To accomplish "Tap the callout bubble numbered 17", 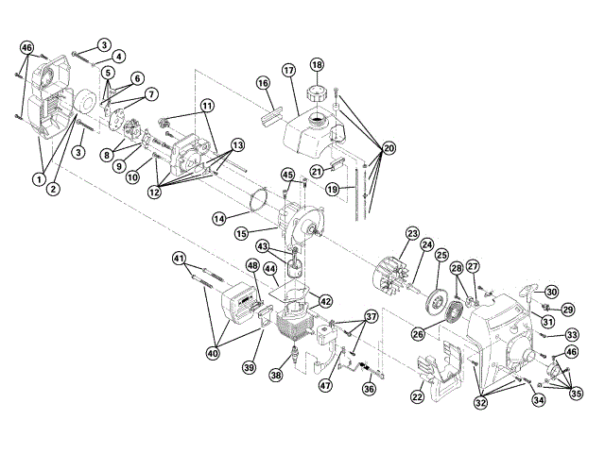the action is click(x=288, y=71).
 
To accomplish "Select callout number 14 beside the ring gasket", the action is click(x=218, y=218).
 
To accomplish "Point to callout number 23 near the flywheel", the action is click(x=412, y=233).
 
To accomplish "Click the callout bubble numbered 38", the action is click(x=275, y=375).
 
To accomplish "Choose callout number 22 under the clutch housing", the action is click(x=417, y=398).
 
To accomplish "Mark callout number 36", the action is click(x=369, y=387).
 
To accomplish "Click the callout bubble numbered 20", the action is click(x=389, y=148).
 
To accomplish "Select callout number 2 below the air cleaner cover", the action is click(x=53, y=190).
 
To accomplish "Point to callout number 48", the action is click(x=252, y=266).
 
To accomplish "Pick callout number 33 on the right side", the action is click(x=572, y=334).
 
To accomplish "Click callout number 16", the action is click(x=264, y=84).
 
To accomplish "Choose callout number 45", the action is click(x=287, y=175).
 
